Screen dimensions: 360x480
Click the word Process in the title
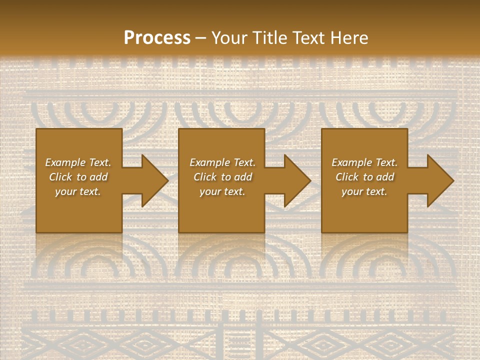(157, 38)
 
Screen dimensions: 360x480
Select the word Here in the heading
(350, 38)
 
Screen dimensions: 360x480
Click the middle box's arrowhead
(297, 180)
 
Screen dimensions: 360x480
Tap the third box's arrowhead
(440, 180)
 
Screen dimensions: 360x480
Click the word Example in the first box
(65, 162)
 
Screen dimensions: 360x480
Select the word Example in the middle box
(209, 162)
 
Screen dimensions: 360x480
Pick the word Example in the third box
(351, 162)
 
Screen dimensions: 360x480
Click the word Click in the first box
(60, 177)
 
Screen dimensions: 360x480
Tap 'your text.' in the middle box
(222, 191)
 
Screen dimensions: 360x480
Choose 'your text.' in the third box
(364, 191)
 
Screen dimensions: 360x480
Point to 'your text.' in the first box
(78, 191)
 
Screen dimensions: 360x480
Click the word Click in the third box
(347, 177)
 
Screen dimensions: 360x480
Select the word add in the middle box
(243, 177)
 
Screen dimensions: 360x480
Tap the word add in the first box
(98, 177)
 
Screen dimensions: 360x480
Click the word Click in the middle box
(205, 177)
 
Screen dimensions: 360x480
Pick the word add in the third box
(385, 177)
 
